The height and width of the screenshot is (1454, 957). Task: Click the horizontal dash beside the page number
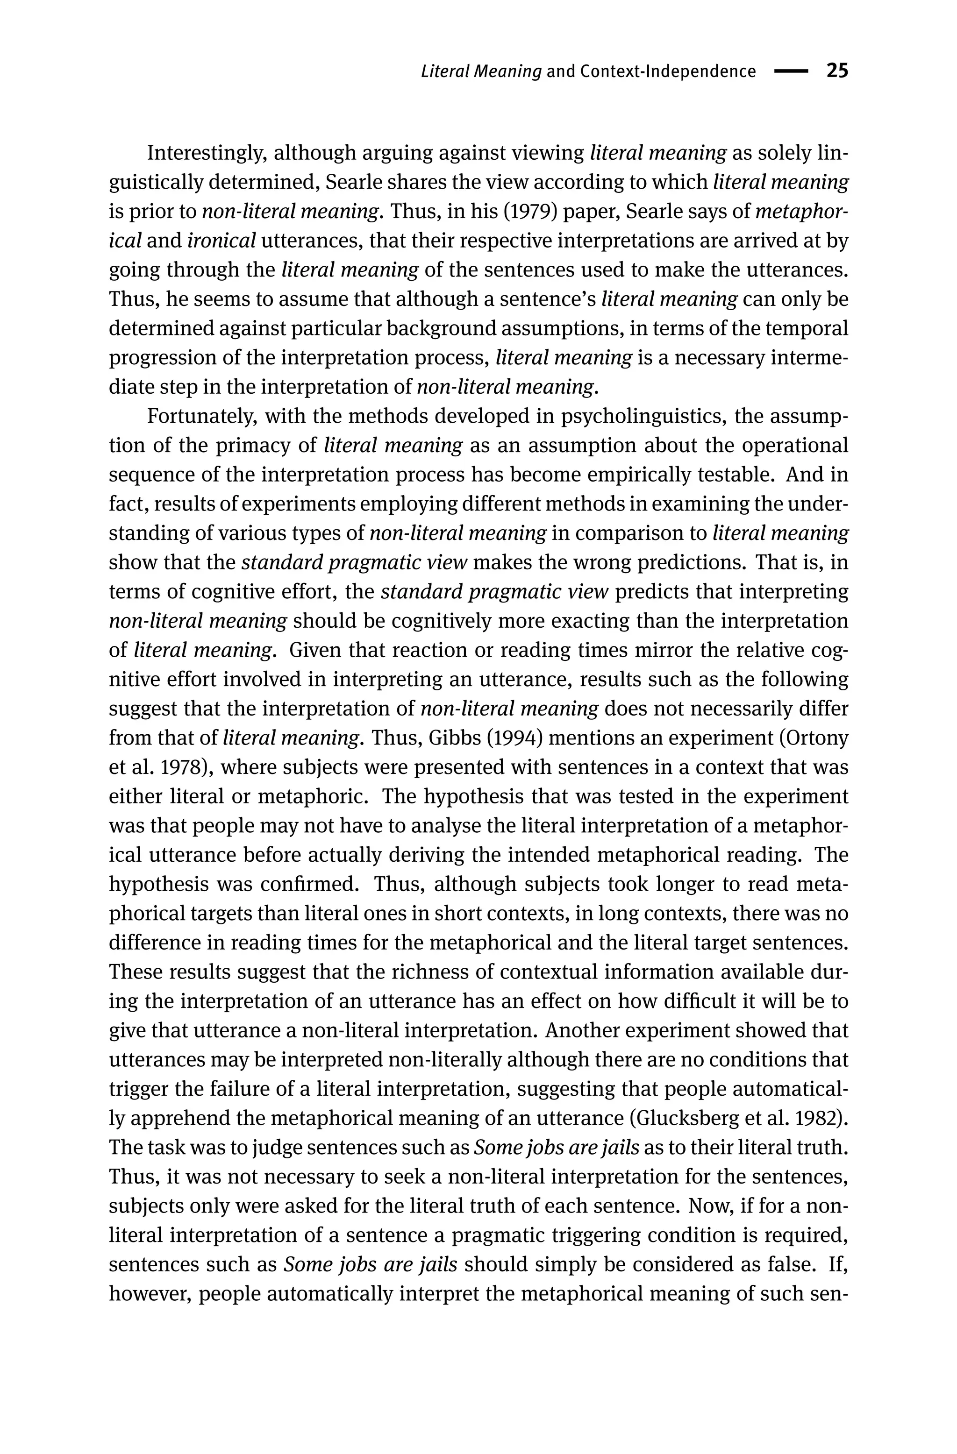pos(791,71)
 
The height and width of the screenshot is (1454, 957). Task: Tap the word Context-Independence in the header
pos(668,72)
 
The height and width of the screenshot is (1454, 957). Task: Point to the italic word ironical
pos(221,241)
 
